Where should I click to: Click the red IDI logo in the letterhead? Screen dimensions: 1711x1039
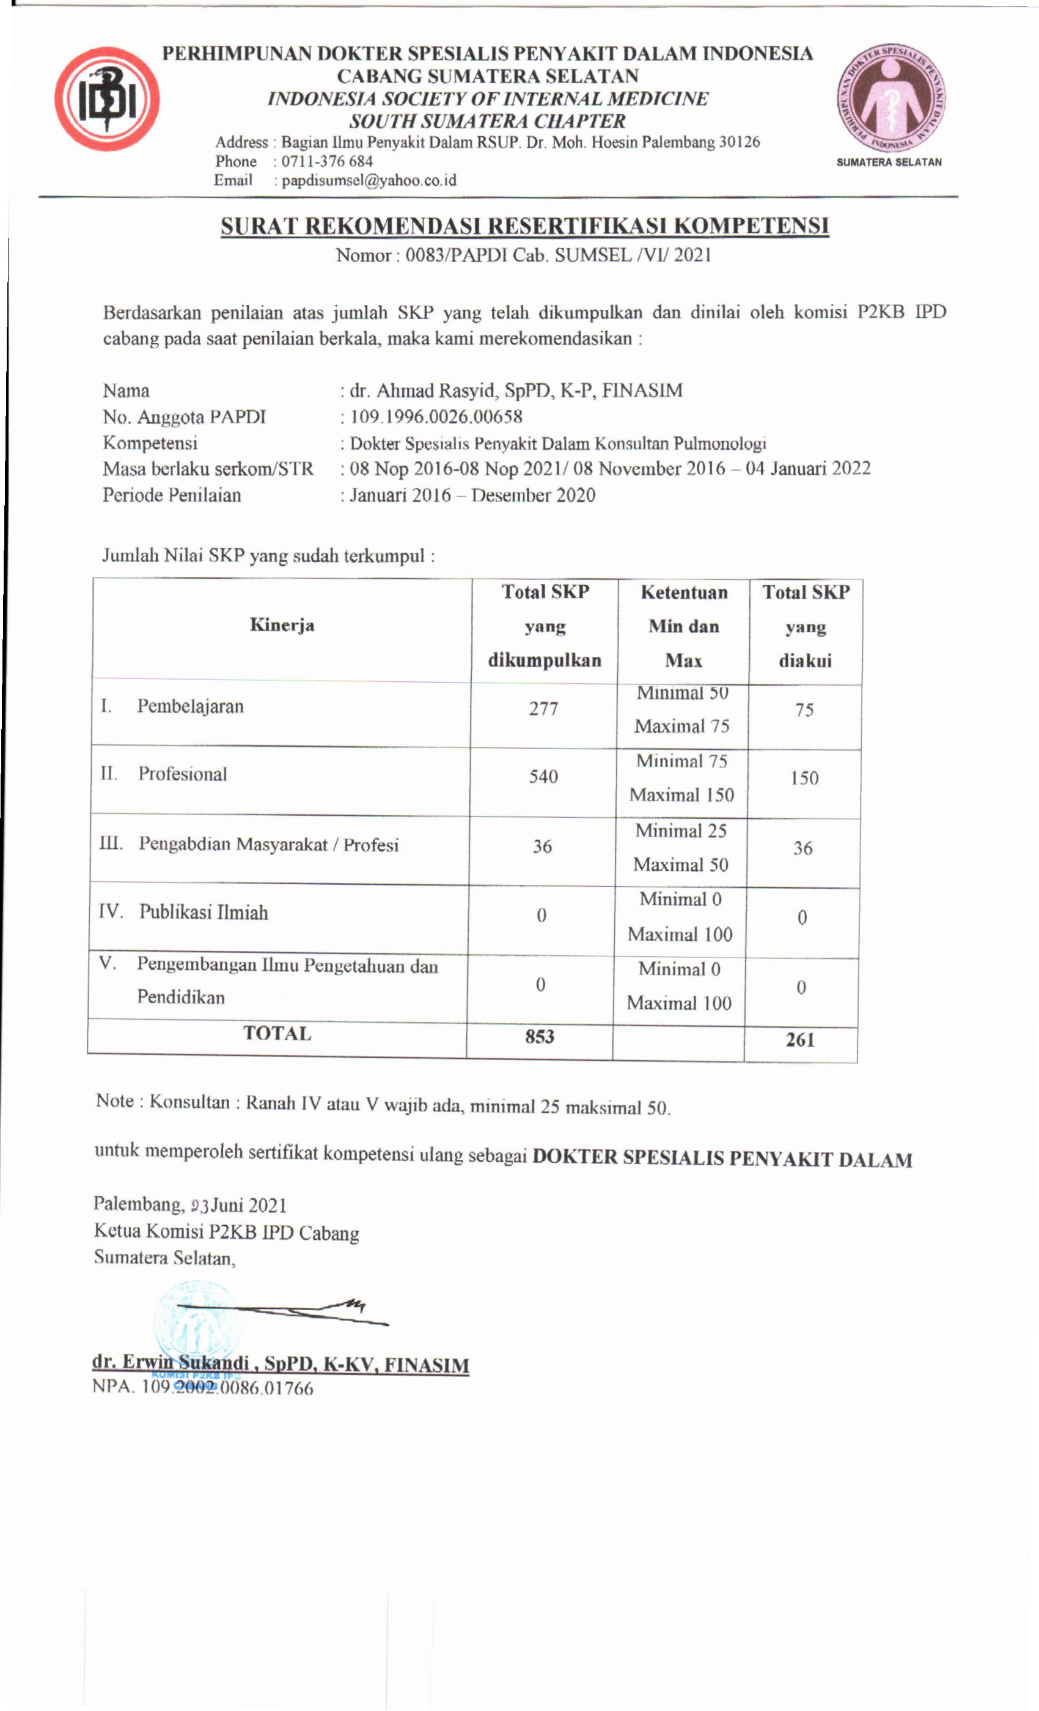(107, 99)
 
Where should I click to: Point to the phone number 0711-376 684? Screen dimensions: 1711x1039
(327, 161)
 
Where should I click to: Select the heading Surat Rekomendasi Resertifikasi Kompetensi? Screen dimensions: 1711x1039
(524, 225)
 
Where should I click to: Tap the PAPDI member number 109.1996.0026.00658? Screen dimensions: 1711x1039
(436, 417)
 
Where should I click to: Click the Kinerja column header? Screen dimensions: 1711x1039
(281, 625)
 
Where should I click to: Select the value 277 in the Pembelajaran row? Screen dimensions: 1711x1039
(543, 708)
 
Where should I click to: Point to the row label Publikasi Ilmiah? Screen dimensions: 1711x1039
(204, 912)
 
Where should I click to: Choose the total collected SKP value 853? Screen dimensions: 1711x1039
(540, 1037)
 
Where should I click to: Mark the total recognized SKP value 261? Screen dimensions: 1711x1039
(800, 1039)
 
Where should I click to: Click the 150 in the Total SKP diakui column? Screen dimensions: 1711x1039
(804, 778)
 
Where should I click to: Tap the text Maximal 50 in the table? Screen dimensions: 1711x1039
(681, 865)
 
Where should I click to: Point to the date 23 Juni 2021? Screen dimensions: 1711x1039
(238, 1205)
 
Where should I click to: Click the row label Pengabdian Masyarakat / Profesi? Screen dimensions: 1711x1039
(268, 845)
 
